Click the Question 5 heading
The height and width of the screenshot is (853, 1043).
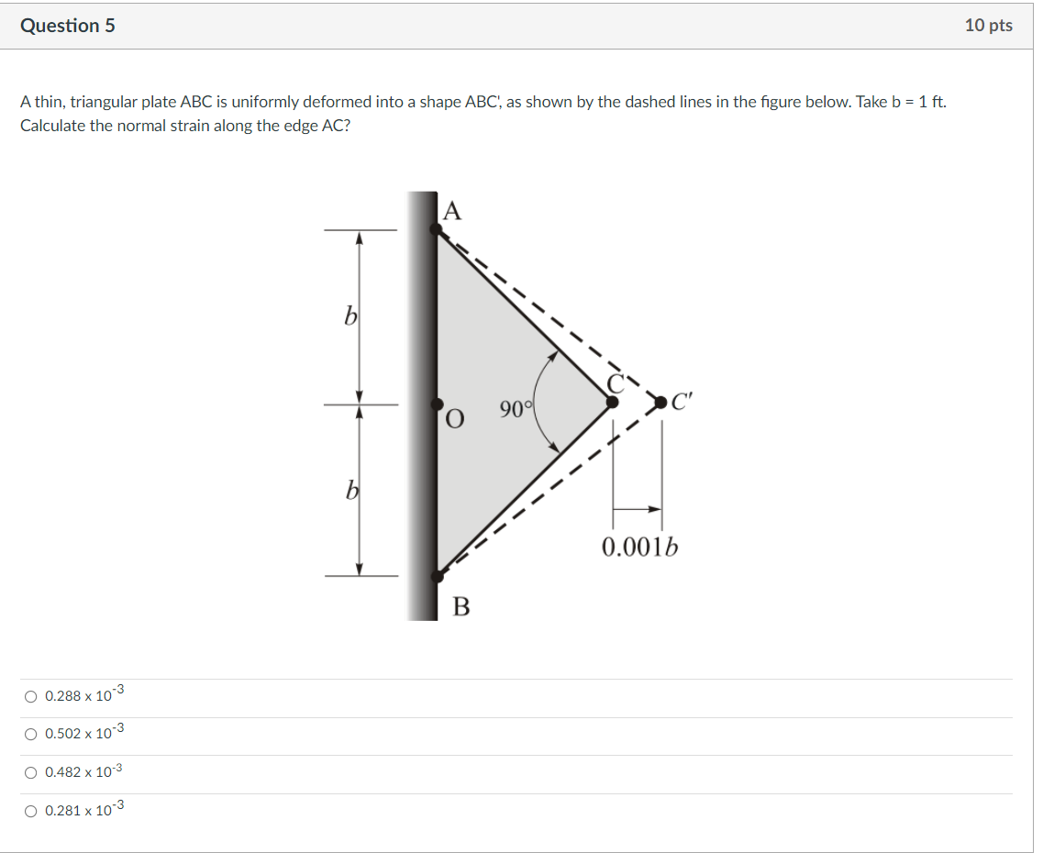pos(68,26)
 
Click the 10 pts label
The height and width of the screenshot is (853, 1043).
pos(988,26)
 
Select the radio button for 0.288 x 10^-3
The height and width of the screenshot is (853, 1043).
pos(31,697)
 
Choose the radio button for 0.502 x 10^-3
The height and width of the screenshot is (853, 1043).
pos(31,735)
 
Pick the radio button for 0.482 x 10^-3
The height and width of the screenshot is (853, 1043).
pos(31,773)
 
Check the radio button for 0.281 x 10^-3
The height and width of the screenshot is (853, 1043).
pos(31,811)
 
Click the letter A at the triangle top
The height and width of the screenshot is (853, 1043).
pos(451,212)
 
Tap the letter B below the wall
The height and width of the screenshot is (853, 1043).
pos(460,606)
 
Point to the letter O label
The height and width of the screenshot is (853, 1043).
pos(453,420)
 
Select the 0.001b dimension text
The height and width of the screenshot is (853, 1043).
pos(640,548)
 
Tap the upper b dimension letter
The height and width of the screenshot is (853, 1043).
pos(350,316)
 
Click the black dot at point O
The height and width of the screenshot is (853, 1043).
pos(437,404)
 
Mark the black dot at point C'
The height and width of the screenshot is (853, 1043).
pos(660,401)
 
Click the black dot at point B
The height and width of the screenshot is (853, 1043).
pos(437,576)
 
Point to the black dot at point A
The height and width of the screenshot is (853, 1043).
pos(437,229)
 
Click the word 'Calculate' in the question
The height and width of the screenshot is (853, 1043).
pos(52,126)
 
